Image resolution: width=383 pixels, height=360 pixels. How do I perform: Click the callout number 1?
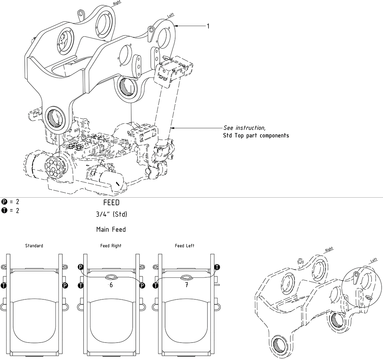click(x=208, y=26)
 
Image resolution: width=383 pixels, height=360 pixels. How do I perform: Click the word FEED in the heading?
click(x=111, y=203)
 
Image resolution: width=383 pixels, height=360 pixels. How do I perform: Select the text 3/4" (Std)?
click(x=111, y=214)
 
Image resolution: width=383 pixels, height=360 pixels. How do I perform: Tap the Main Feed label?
click(x=111, y=230)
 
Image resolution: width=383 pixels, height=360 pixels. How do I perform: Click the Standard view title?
click(x=34, y=246)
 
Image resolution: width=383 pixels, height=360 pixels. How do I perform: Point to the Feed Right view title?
click(x=111, y=246)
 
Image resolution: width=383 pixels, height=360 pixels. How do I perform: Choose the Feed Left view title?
click(x=185, y=246)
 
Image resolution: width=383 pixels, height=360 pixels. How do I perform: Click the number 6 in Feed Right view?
click(x=111, y=285)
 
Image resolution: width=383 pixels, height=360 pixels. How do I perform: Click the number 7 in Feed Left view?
click(x=187, y=285)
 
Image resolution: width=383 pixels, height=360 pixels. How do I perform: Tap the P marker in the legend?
click(x=4, y=201)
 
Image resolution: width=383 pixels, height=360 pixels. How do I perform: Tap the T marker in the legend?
click(x=4, y=210)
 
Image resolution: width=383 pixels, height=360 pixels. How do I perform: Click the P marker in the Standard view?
click(x=65, y=286)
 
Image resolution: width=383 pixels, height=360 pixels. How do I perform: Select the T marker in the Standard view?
click(x=4, y=286)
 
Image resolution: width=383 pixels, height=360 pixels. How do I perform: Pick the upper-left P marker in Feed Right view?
click(x=81, y=267)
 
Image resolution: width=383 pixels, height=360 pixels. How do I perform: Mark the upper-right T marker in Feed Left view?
click(x=217, y=267)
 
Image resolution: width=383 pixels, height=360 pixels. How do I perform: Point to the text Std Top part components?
click(x=256, y=135)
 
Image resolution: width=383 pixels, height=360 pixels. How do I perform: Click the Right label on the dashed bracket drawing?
click(x=329, y=250)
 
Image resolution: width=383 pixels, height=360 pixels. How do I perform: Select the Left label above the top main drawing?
click(x=170, y=15)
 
